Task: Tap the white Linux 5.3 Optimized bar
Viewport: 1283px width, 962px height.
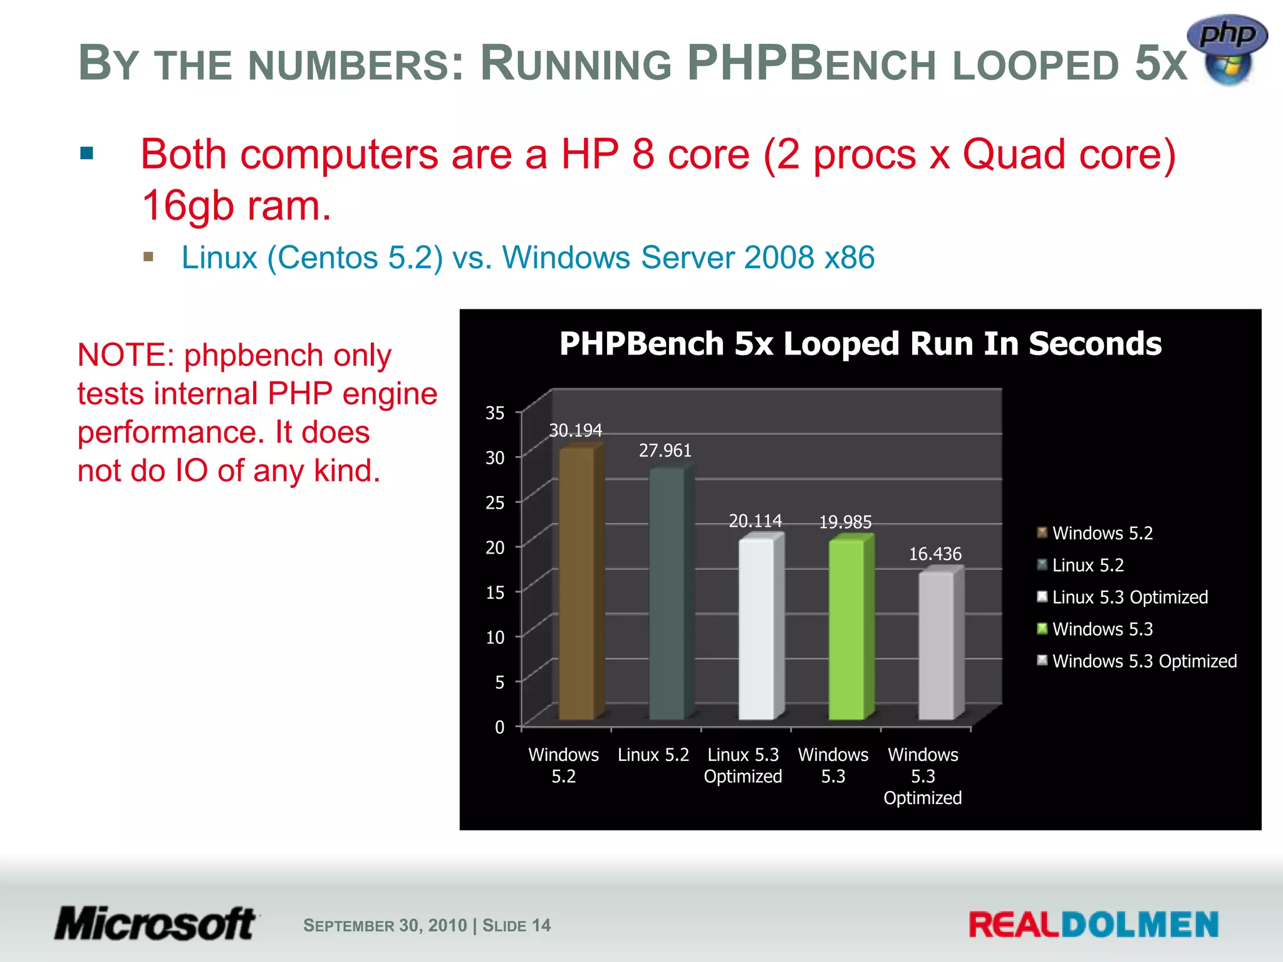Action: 756,629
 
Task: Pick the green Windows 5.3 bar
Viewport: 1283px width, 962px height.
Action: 846,629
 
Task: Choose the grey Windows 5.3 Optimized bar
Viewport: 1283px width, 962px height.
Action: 936,645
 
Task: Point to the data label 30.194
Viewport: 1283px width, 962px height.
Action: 575,430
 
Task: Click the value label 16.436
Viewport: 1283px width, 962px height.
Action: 935,554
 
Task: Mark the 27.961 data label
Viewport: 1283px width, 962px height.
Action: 665,450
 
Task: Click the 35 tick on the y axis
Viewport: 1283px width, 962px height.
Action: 495,413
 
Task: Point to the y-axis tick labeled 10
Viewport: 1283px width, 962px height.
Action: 495,638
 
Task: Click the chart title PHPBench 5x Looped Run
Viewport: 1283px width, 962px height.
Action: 860,344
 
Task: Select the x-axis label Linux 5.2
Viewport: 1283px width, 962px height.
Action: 653,755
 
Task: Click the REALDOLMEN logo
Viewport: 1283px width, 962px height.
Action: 1093,925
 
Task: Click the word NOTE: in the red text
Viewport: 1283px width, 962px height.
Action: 125,355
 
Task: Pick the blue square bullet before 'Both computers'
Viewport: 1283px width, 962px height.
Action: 87,153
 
